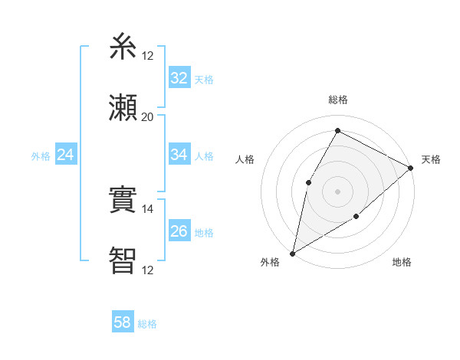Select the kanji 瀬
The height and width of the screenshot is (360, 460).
123,107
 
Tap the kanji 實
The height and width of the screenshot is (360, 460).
123,201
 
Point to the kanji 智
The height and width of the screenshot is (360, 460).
123,260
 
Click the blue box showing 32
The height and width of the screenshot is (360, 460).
179,78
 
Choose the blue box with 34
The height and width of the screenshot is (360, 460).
179,155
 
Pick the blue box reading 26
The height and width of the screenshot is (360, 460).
179,231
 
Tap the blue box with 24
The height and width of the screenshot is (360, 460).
66,155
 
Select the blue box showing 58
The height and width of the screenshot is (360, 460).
123,323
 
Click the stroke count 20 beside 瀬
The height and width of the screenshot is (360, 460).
147,117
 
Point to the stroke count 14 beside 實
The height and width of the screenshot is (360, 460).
147,209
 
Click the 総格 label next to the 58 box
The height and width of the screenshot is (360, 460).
147,324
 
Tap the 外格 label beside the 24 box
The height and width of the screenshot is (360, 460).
41,155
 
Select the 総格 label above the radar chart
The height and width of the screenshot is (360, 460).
338,100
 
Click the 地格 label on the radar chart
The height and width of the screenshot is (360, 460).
402,263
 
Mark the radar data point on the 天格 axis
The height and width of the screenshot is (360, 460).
412,168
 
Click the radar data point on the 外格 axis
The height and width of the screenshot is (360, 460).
292,254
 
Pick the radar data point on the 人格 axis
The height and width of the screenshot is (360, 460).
309,182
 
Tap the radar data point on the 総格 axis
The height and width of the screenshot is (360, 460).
337,130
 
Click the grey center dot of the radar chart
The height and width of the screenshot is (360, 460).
337,191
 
